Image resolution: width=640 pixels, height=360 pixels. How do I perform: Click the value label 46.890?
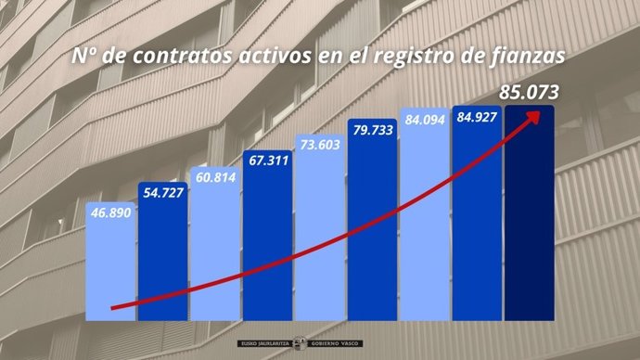coord(110,213)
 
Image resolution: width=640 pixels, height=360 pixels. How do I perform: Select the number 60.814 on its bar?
coord(214,176)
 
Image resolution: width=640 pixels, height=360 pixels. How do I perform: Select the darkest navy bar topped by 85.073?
coord(528,223)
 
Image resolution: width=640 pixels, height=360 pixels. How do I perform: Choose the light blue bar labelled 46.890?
coord(110,269)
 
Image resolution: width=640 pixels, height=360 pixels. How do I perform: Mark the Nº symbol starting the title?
coord(84,57)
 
